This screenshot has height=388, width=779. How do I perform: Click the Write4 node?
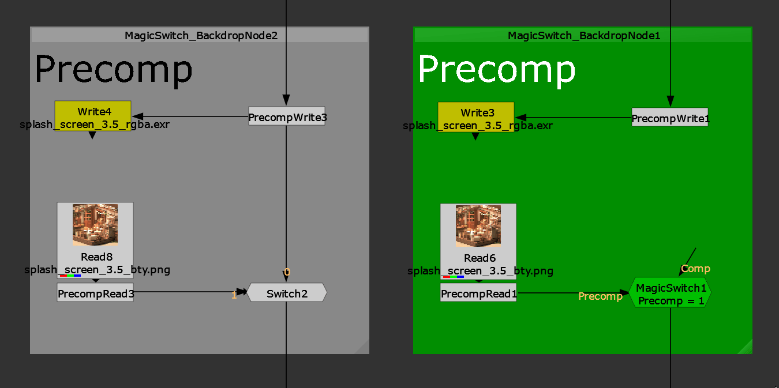point(93,112)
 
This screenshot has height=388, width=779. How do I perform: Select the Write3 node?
point(475,113)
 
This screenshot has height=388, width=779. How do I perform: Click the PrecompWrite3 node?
point(287,117)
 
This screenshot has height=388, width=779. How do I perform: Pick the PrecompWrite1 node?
point(669,118)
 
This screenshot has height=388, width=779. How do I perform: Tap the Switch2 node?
point(287,293)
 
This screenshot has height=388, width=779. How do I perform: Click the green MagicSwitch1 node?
point(671,293)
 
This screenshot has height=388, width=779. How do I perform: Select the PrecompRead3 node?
point(95,293)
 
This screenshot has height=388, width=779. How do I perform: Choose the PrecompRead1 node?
point(478,294)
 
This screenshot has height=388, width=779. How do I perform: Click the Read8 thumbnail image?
point(95,224)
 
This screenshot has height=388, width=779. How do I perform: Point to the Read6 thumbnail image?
point(478,225)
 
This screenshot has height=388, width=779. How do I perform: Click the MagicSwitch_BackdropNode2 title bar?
point(200,36)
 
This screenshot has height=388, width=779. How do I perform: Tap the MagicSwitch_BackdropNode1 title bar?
point(583,36)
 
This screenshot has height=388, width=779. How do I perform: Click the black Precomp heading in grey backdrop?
point(114,70)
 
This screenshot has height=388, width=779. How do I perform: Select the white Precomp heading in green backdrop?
point(497,70)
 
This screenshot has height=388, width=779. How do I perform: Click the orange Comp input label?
point(695,269)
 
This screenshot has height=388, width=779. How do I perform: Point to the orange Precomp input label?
point(600,296)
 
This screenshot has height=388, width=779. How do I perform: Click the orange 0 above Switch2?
point(287,272)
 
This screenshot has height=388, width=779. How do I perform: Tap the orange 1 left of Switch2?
point(234,295)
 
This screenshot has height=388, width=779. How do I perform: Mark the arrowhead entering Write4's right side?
point(137,116)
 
